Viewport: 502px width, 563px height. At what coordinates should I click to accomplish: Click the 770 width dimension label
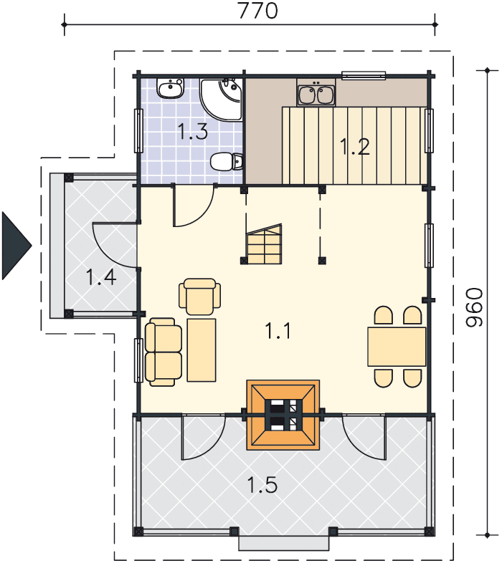[258, 11]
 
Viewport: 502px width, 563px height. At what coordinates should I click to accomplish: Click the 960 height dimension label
[474, 307]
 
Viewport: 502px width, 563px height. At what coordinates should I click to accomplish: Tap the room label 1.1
[278, 331]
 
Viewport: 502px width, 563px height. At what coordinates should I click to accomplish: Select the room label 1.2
[354, 147]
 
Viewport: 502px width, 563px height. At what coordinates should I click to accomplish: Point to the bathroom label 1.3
[193, 131]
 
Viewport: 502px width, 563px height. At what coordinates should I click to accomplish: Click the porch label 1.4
[101, 277]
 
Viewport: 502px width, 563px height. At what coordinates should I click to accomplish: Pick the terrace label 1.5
[262, 485]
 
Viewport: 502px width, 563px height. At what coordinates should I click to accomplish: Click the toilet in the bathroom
[226, 162]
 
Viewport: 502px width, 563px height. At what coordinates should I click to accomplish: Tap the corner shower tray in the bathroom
[221, 100]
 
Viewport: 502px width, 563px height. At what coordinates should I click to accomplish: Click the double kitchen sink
[316, 93]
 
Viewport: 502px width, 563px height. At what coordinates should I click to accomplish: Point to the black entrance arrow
[16, 246]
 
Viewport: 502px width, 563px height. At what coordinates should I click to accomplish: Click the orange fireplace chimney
[283, 415]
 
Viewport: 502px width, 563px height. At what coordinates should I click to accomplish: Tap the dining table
[397, 347]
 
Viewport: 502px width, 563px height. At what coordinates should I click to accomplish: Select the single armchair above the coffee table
[199, 297]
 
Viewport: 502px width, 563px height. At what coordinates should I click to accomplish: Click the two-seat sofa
[164, 352]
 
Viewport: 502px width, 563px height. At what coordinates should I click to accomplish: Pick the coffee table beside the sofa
[202, 350]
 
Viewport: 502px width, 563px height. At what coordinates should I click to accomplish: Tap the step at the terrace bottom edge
[284, 543]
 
